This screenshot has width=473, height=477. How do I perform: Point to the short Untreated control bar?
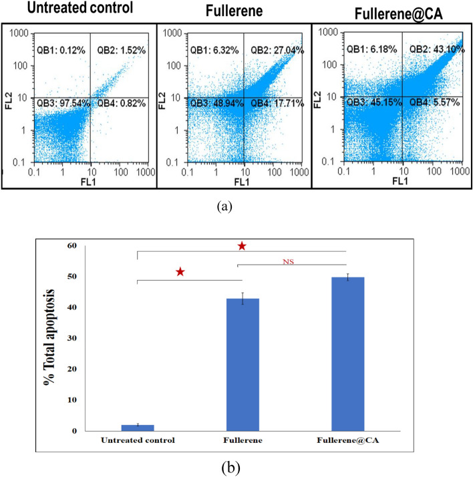137,428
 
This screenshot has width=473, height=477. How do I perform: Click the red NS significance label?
289,262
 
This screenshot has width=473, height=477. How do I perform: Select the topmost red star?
242,247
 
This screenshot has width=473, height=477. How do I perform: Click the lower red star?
180,273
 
